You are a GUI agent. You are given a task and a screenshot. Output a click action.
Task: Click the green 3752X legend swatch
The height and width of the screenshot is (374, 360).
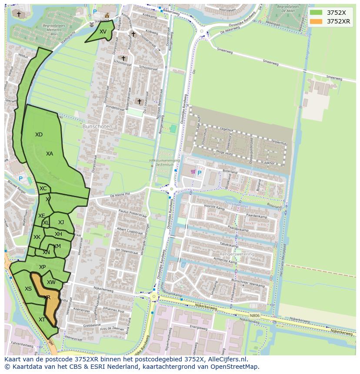click(316, 13)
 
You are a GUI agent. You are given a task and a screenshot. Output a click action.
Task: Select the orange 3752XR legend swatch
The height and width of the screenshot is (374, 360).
click(316, 21)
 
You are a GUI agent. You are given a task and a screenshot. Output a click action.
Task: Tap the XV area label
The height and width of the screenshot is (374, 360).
click(103, 32)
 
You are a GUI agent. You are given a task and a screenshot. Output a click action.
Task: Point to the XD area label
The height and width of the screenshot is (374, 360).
click(39, 135)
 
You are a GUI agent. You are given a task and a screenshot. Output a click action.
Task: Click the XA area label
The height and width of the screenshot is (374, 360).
click(50, 154)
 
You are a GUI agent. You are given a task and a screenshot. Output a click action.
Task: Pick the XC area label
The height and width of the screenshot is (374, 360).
click(43, 189)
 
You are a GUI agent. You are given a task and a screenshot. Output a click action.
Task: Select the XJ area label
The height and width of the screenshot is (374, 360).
click(61, 222)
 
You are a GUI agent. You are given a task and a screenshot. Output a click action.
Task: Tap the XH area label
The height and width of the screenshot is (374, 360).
click(58, 234)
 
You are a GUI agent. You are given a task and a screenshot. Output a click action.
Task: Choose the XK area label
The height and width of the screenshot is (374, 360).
click(37, 237)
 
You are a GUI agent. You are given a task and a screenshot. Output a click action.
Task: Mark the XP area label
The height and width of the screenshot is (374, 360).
click(42, 267)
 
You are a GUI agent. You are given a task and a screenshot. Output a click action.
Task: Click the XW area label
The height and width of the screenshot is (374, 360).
click(51, 282)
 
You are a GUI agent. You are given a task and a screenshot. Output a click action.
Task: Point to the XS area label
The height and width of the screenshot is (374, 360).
click(28, 289)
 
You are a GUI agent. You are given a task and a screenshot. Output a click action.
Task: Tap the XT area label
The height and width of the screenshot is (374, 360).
click(42, 320)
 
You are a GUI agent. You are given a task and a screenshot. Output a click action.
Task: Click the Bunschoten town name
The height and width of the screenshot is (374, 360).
click(97, 126)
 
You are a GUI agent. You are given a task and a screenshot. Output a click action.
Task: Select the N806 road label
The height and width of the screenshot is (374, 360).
click(255, 316)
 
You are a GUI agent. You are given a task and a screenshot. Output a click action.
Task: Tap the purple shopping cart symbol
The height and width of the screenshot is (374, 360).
click(193, 172)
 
